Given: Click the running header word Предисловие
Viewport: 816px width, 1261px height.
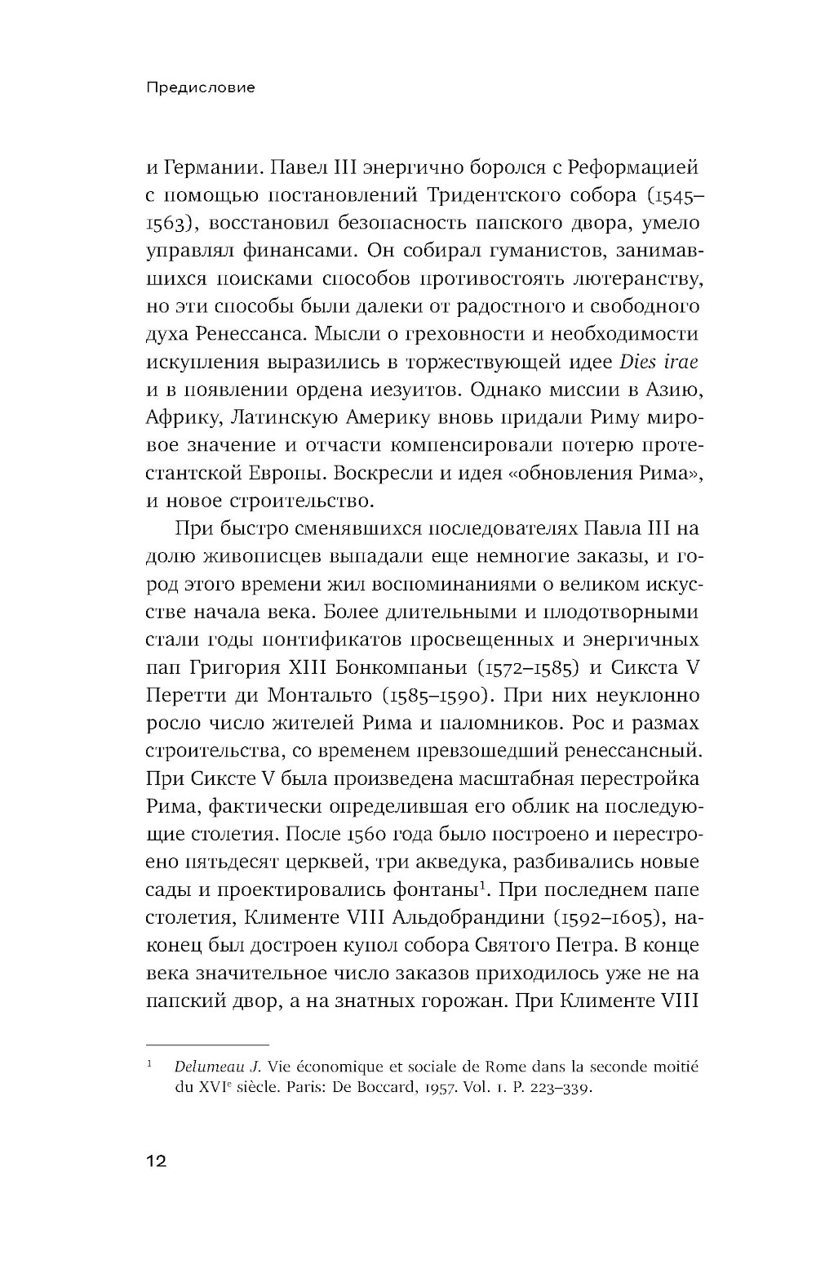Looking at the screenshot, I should point(200,87).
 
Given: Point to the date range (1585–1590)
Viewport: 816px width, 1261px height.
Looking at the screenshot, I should point(435,695).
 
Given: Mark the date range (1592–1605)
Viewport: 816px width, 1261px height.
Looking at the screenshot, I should point(608,917).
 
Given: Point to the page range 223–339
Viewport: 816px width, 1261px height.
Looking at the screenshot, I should point(555,1089).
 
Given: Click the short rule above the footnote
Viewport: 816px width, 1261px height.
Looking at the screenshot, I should point(207,1045).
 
